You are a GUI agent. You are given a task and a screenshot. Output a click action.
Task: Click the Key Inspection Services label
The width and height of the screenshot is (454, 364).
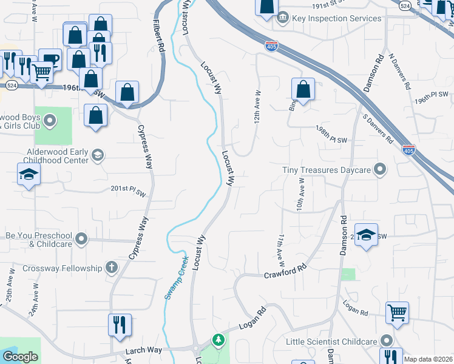point(337,18)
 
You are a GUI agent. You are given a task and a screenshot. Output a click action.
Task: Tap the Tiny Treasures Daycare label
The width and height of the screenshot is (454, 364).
point(327,170)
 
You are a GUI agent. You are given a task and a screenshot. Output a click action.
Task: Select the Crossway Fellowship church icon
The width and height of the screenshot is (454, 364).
point(111,267)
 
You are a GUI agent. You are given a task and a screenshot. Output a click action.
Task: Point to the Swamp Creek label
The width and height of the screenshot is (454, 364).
point(175,277)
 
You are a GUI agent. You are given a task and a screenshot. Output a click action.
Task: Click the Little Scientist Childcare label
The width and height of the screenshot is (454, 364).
point(331,342)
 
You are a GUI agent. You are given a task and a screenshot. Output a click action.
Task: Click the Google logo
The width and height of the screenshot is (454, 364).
point(20,357)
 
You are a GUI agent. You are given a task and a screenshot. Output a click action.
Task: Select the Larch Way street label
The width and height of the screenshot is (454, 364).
point(144,350)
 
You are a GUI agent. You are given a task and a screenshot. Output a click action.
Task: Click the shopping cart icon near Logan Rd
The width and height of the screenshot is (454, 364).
point(397,312)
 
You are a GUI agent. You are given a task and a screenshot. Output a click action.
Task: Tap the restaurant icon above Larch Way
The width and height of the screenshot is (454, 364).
point(120,324)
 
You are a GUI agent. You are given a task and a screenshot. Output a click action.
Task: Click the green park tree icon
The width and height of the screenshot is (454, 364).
point(217,340)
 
